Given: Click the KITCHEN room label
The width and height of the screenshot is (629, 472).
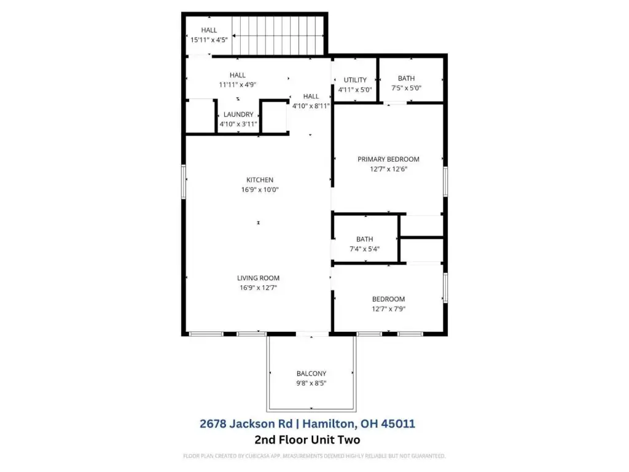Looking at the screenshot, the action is [x=260, y=180].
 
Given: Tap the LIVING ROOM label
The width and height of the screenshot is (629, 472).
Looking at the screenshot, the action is [x=259, y=278].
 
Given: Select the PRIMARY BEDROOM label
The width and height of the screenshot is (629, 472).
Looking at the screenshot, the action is [x=388, y=159].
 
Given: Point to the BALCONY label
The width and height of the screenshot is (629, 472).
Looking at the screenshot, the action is [x=311, y=373].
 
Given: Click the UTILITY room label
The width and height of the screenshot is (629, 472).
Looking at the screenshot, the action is [x=355, y=80].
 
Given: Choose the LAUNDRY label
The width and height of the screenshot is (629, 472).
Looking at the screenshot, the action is [x=238, y=114].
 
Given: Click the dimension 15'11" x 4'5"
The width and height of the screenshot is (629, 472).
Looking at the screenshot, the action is [x=209, y=40].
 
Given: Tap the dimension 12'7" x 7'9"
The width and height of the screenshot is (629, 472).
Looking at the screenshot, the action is [x=388, y=309].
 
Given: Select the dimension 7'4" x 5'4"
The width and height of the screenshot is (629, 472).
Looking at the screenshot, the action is [x=364, y=249].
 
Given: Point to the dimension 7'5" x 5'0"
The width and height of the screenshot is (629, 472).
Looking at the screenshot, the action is [x=407, y=88].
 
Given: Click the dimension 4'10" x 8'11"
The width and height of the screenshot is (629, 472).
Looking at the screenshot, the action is [x=311, y=106].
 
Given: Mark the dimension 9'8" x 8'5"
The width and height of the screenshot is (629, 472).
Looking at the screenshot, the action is [x=311, y=383].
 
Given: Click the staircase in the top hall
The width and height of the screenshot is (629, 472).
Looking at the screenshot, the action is [x=278, y=36].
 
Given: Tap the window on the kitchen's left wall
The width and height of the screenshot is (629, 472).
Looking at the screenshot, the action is [x=184, y=182].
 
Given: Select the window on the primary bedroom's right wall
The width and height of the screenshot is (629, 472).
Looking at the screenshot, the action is [x=445, y=182].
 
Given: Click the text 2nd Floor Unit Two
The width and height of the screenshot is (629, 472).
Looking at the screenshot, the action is [x=307, y=440].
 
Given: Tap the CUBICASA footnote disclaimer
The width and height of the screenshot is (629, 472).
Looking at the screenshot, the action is [x=314, y=456].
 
